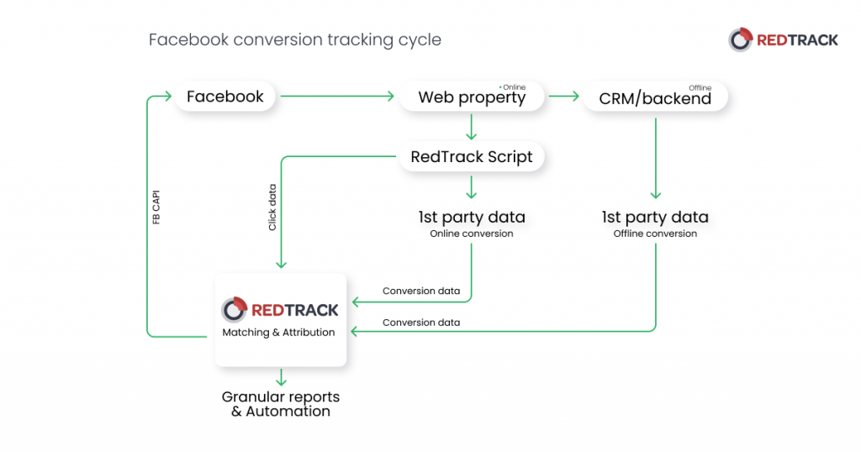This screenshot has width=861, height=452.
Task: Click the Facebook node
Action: click(x=224, y=97)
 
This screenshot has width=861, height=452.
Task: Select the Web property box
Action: click(x=472, y=97)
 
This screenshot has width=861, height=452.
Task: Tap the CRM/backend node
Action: click(x=655, y=98)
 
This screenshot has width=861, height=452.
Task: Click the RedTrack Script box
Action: click(x=471, y=157)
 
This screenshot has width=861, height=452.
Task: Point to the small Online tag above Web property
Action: click(x=512, y=87)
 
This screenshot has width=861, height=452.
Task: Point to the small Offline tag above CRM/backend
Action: click(x=700, y=87)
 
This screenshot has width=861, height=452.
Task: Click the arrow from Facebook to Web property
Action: click(x=337, y=97)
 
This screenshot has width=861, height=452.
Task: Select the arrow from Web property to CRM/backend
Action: click(x=563, y=97)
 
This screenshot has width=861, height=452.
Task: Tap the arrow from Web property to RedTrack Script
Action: click(x=471, y=126)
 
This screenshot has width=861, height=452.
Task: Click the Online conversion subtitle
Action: click(x=471, y=234)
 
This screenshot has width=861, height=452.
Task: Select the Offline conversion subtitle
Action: click(x=655, y=234)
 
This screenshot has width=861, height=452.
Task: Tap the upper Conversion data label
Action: click(x=420, y=291)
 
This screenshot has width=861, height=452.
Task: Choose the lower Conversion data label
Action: click(x=420, y=322)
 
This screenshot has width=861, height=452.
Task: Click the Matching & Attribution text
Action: click(x=278, y=333)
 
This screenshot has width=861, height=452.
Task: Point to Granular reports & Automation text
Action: click(x=281, y=404)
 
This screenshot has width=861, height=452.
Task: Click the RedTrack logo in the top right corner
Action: click(x=783, y=39)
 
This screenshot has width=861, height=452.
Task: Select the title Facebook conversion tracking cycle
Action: click(x=294, y=39)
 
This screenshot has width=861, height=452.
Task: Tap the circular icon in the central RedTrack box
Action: click(x=234, y=309)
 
